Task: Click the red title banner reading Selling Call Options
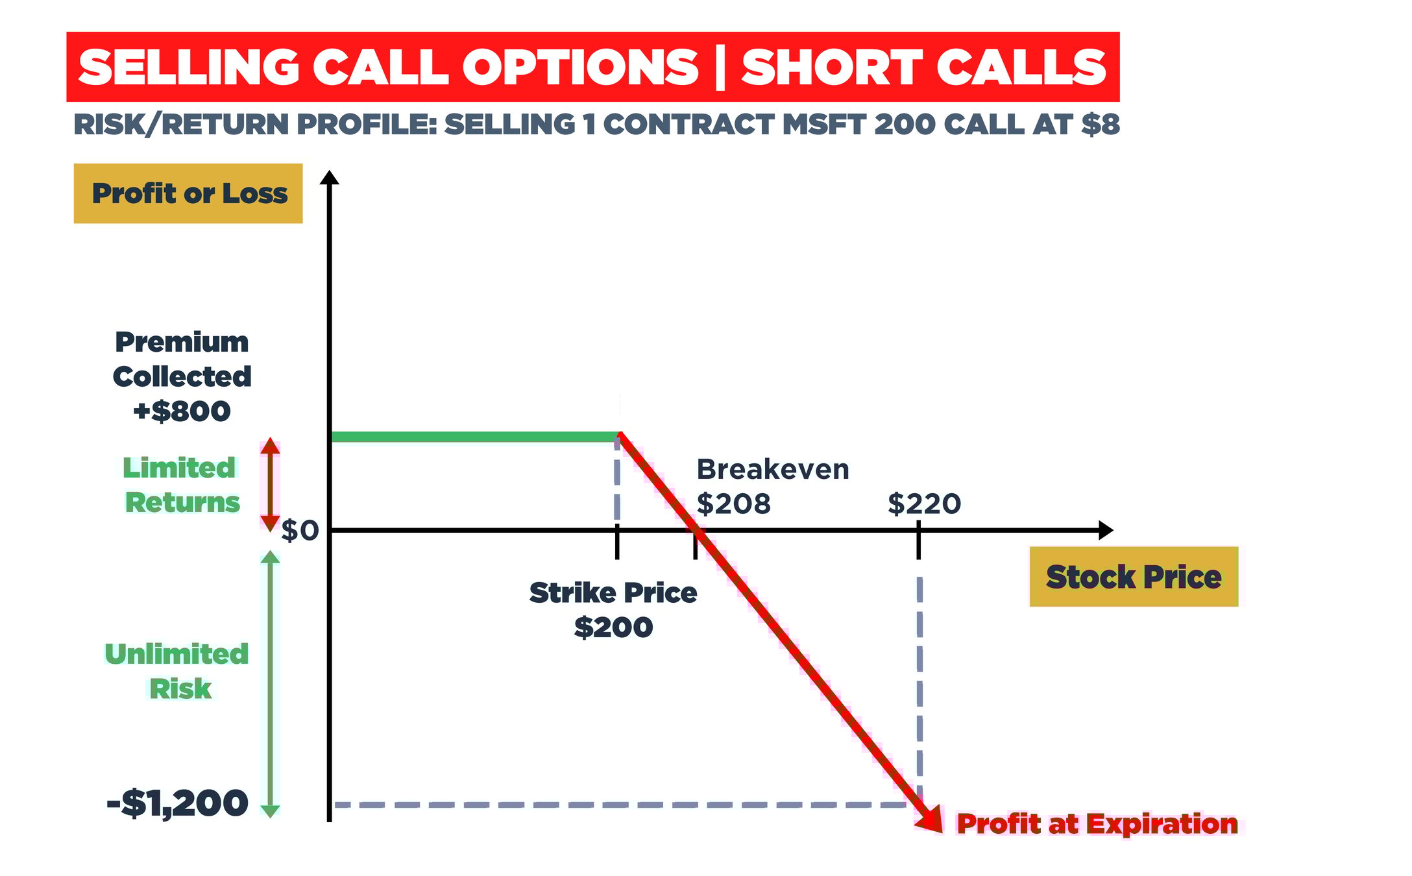(x=592, y=67)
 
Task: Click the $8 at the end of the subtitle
(x=1101, y=125)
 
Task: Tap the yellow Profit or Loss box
(x=188, y=193)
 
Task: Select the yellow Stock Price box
(x=1133, y=577)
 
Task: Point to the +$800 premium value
(x=182, y=411)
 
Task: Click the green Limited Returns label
(x=180, y=485)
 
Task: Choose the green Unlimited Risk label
(x=177, y=671)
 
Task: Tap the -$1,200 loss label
(x=177, y=803)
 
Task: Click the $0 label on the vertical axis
(x=300, y=531)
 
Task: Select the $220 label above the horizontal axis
(x=924, y=504)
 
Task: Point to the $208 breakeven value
(x=733, y=504)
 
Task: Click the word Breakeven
(x=772, y=469)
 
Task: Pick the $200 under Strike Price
(x=613, y=627)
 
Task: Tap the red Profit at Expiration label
(x=1097, y=824)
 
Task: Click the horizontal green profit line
(x=474, y=437)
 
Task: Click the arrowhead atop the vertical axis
(x=330, y=177)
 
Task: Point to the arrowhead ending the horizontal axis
(x=1106, y=530)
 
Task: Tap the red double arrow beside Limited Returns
(x=271, y=485)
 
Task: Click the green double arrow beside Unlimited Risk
(x=271, y=683)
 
